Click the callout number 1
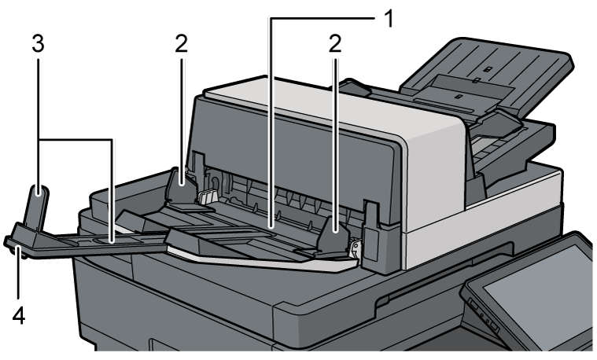click(x=388, y=18)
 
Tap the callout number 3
click(x=38, y=44)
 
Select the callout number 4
click(x=19, y=316)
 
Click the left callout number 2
click(x=182, y=44)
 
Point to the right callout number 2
click(x=335, y=44)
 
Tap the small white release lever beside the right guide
click(x=354, y=249)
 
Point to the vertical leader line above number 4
click(x=19, y=275)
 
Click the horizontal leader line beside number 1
click(x=323, y=17)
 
